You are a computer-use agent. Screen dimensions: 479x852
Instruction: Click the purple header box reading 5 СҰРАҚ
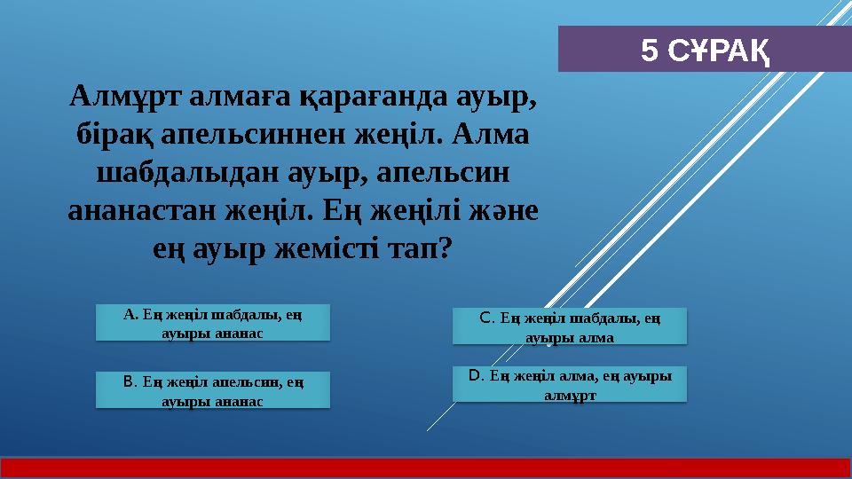(704, 49)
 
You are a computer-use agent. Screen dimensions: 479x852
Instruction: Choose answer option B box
(212, 390)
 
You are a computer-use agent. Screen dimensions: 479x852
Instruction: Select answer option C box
(569, 326)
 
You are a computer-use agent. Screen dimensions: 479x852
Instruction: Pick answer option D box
(569, 384)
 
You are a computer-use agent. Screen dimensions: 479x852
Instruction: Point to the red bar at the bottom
(426, 467)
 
